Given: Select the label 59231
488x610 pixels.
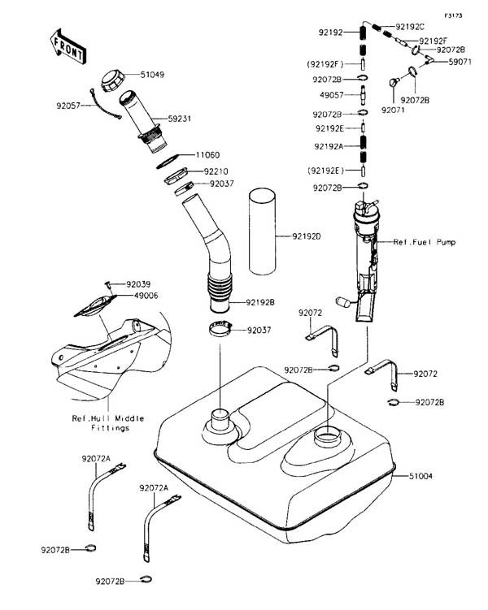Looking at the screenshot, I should point(180,119).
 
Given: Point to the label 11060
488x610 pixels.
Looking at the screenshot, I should point(207,154).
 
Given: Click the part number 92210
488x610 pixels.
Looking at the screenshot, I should point(216,171).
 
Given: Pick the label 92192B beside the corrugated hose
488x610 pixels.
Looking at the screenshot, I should point(260,302).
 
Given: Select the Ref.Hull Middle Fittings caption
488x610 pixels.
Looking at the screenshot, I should point(108,423).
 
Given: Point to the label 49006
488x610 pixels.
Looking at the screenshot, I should point(138,296).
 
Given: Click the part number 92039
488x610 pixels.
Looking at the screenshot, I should point(138,284).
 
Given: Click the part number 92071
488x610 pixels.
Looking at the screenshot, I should point(394,108).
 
